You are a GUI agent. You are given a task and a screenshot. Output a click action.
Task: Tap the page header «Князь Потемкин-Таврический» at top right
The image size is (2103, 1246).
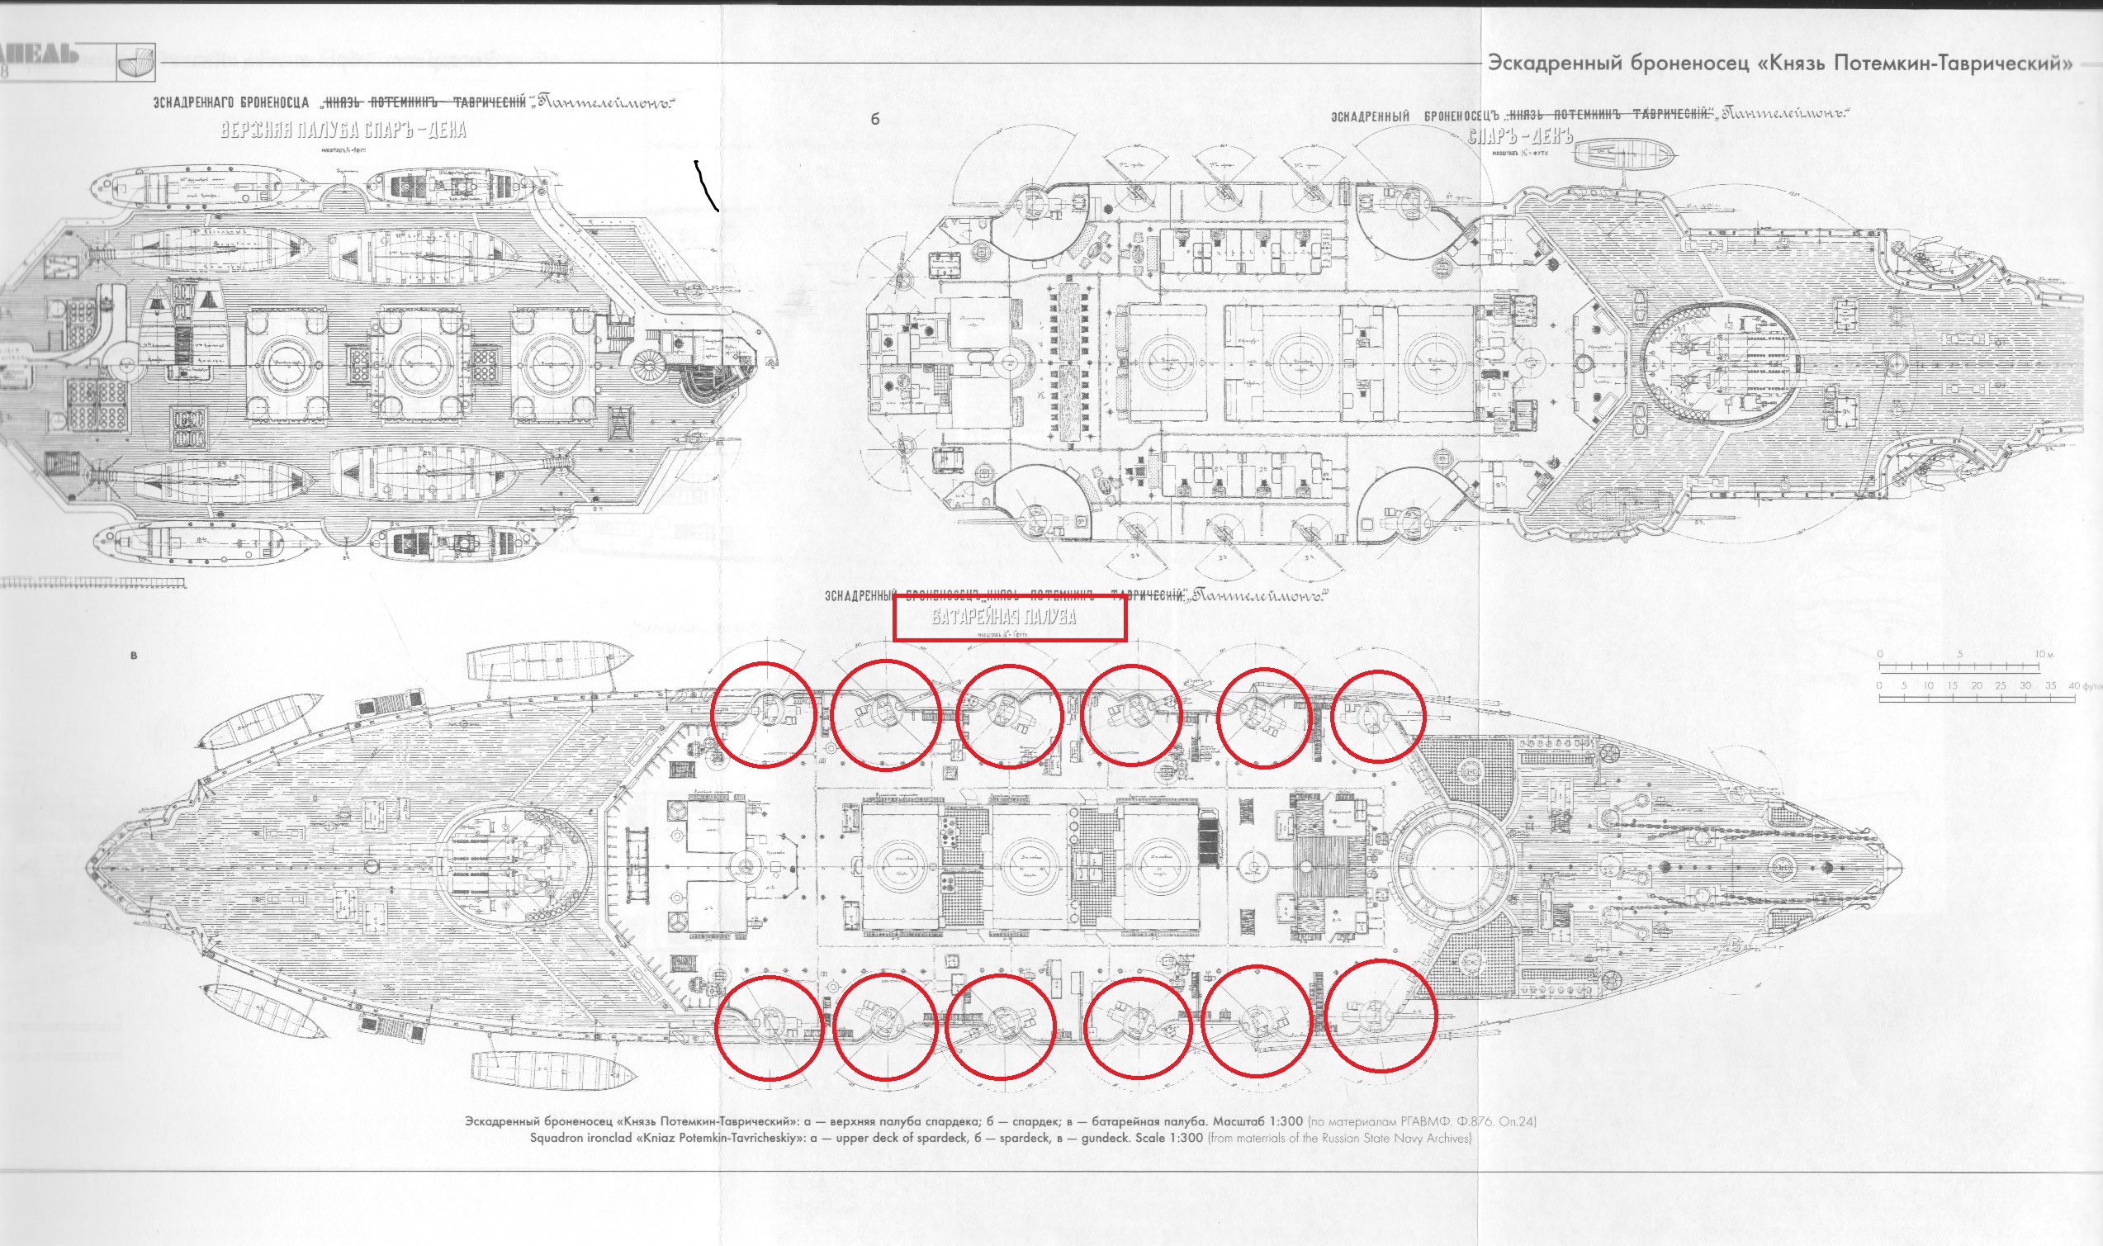1780,63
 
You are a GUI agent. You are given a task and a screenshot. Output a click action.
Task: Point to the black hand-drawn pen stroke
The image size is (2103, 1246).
706,186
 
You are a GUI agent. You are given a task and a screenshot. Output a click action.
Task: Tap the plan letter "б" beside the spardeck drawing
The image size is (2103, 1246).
874,119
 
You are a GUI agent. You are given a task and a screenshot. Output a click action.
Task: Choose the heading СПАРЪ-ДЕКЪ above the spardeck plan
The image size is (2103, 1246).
1519,136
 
